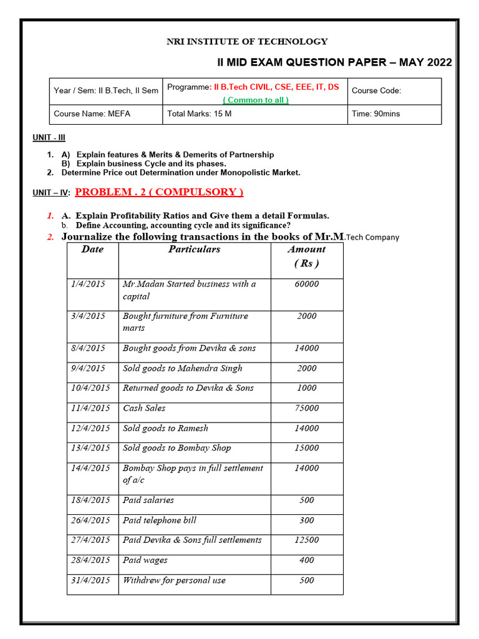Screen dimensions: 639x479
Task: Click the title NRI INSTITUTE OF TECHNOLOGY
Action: click(246, 41)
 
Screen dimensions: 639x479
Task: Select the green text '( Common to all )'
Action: click(256, 100)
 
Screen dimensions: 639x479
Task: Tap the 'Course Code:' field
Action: click(377, 90)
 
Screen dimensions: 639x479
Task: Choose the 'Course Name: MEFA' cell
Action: click(92, 114)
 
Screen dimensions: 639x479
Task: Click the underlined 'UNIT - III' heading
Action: click(49, 137)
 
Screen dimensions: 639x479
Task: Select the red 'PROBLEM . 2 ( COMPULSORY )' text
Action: click(160, 192)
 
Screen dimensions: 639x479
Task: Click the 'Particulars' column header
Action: click(194, 250)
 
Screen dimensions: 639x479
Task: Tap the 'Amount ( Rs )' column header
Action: click(306, 256)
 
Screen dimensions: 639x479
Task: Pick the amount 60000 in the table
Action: click(306, 284)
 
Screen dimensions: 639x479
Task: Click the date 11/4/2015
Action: click(90, 408)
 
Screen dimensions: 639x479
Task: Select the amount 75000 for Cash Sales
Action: click(306, 408)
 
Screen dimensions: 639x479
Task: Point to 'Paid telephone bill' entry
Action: click(160, 520)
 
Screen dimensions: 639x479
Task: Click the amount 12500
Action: click(306, 540)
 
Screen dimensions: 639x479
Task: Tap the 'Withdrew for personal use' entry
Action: click(174, 580)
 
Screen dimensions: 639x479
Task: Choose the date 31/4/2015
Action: click(90, 580)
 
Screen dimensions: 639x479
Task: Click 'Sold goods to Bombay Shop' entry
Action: click(177, 448)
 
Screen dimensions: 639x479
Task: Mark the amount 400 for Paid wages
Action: click(306, 560)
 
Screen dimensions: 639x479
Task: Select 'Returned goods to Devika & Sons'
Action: click(188, 388)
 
